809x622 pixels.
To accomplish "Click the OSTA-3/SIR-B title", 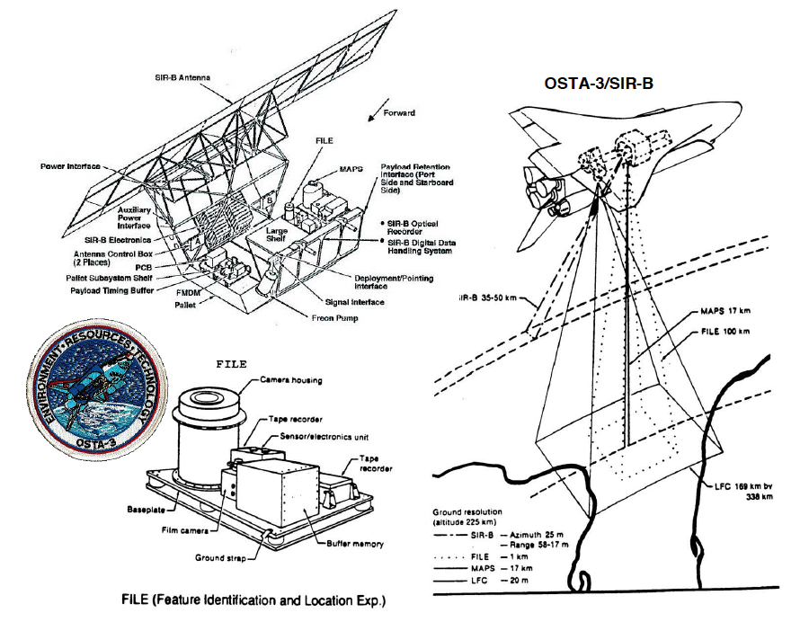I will (599, 83).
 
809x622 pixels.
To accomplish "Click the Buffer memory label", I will (353, 544).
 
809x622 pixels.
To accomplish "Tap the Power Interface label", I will (71, 166).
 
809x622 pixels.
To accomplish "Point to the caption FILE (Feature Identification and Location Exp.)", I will (262, 598).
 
